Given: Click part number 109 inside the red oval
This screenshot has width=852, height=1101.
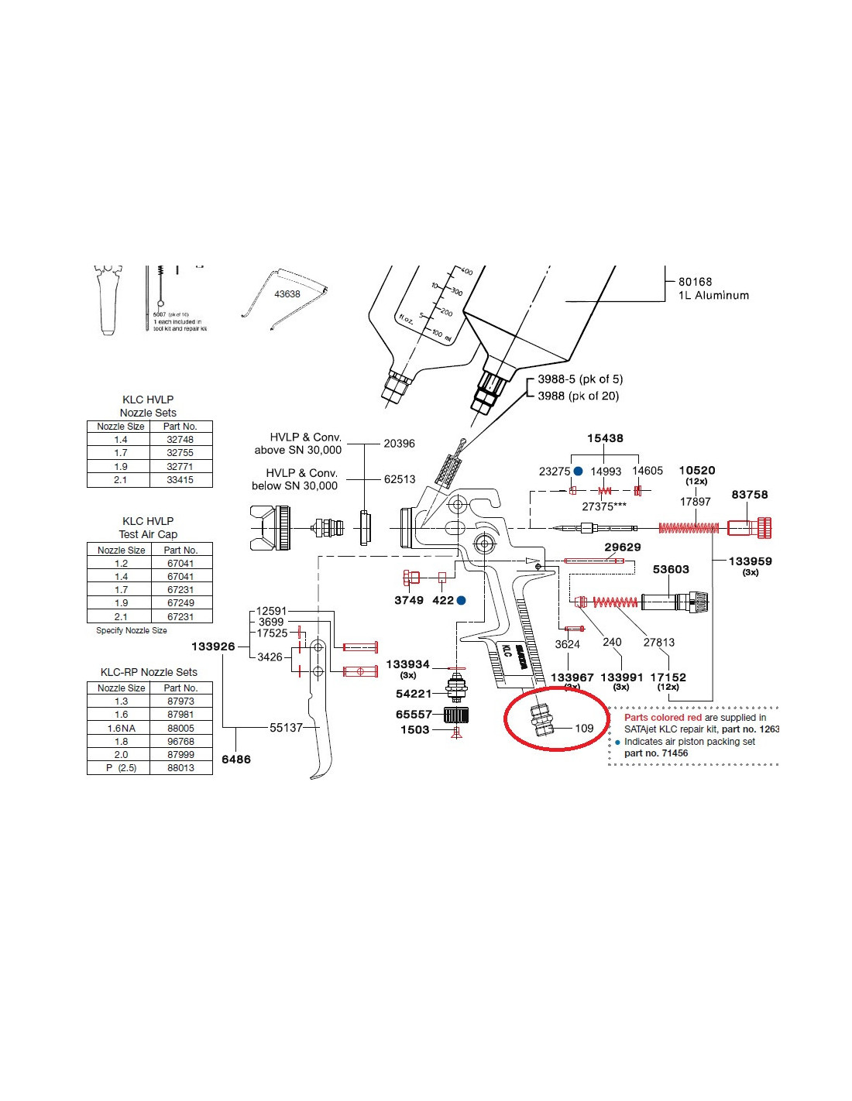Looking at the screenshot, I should click(584, 728).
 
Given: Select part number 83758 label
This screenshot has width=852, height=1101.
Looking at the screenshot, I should click(749, 495).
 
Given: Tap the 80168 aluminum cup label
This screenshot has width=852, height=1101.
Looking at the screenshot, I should click(695, 282).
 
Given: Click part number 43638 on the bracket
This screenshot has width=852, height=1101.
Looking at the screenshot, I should click(287, 294).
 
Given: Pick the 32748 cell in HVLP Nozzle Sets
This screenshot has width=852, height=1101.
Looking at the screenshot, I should click(180, 440).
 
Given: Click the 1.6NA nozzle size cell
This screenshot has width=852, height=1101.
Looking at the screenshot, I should click(122, 728).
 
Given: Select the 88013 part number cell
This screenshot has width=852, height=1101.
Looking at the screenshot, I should click(180, 768).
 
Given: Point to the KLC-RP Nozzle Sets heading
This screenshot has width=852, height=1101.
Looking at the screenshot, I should click(149, 672).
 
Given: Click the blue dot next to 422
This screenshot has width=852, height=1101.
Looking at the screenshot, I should click(462, 600).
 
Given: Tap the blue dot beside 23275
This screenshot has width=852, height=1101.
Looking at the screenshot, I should click(578, 471).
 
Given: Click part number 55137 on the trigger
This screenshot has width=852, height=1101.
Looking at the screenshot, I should click(286, 727).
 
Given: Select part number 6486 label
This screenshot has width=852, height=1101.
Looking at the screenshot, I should click(236, 760).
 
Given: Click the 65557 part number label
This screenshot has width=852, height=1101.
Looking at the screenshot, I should click(414, 715).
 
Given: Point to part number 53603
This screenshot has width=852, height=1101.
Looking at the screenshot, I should click(671, 569).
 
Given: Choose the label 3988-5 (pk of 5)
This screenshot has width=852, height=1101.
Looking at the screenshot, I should click(580, 379).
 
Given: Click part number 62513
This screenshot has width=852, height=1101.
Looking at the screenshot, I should click(400, 479).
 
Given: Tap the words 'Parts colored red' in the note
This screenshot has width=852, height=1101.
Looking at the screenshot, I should click(663, 718).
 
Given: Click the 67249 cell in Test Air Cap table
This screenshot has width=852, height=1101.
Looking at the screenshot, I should click(180, 603).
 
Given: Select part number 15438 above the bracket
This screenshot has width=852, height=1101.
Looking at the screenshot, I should click(605, 438).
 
